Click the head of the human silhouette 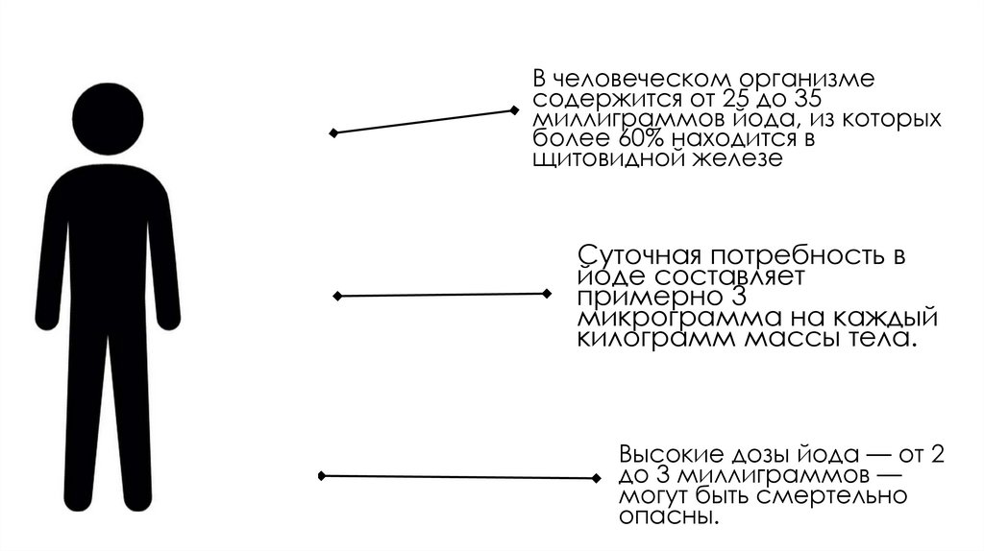pos(108,119)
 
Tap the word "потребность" pos(793,256)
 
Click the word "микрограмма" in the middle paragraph pos(667,319)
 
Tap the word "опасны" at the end pos(667,517)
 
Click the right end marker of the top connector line pos(515,111)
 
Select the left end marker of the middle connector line pos(336,297)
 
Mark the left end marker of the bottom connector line pos(322,475)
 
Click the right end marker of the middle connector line pos(547,293)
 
